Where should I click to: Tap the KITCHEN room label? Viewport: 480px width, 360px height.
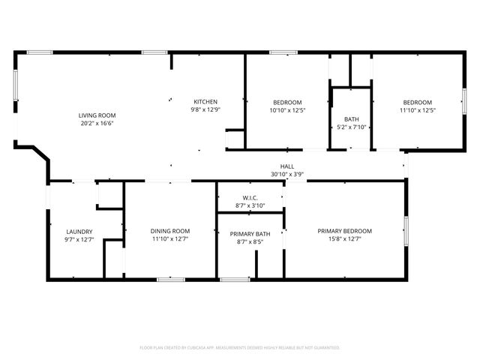[x=206, y=102]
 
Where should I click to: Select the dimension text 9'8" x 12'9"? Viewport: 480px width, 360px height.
[x=206, y=109]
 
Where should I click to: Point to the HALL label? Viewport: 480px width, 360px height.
[x=287, y=166]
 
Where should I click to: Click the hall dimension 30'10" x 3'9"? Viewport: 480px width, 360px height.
[x=287, y=174]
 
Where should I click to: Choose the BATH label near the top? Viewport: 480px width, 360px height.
[x=351, y=119]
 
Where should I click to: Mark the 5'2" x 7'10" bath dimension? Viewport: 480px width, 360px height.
[x=351, y=127]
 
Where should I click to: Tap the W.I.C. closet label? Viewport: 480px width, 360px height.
[x=250, y=198]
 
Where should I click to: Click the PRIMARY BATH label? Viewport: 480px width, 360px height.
[x=250, y=234]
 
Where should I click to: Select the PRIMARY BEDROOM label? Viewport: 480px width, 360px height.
[x=344, y=231]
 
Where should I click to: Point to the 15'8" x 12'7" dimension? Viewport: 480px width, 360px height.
[x=344, y=238]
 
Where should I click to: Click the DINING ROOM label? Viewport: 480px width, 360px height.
[x=170, y=231]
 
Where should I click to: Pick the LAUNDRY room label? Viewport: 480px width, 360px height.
[x=79, y=232]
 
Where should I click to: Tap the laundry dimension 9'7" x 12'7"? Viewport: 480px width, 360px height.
[x=79, y=239]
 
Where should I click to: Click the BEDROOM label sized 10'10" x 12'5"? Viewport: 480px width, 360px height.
[x=287, y=102]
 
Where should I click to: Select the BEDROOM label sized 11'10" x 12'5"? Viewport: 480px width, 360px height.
[x=418, y=102]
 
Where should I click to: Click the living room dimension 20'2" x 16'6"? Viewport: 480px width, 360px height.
[x=97, y=123]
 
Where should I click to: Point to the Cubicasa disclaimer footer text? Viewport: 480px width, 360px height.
[x=240, y=347]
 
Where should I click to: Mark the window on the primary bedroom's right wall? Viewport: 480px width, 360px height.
[x=405, y=231]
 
